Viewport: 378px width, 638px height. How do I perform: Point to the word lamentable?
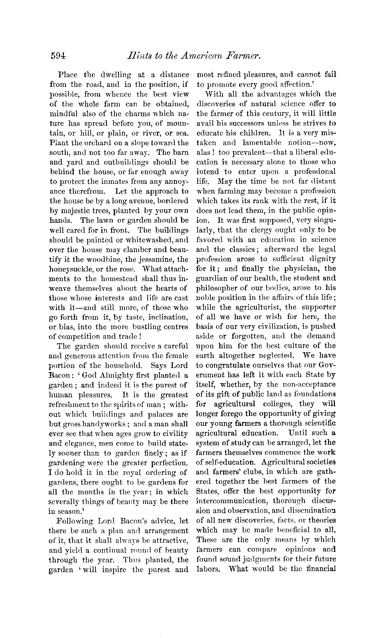pos(256,142)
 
